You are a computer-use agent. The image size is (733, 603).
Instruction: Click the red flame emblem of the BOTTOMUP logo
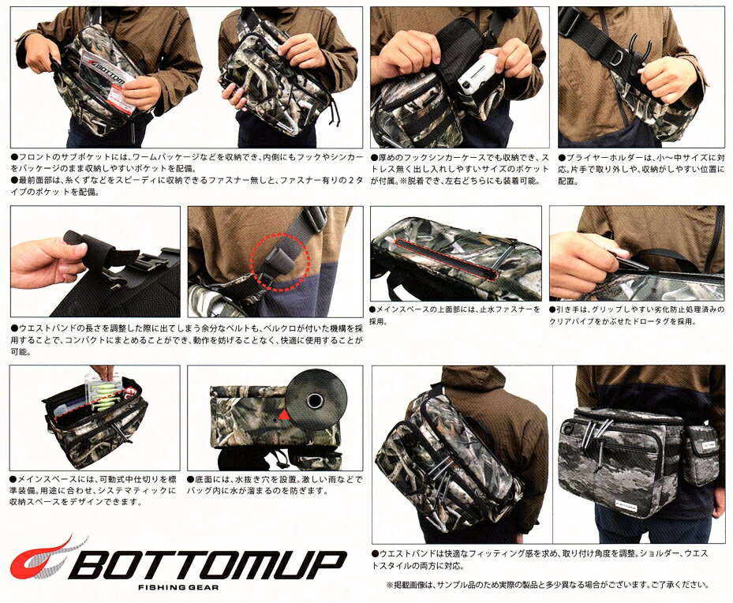(39, 559)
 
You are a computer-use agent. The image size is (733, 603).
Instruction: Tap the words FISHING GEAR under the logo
(178, 587)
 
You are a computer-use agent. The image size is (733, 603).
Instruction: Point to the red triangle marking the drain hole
(283, 414)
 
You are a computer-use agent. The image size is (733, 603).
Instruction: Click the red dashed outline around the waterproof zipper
(448, 259)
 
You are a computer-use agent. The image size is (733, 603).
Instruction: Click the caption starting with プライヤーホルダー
(641, 169)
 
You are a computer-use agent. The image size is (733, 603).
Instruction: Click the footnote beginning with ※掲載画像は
(548, 584)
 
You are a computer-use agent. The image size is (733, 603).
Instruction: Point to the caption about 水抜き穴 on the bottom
(275, 485)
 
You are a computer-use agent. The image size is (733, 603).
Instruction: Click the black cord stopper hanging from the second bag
(334, 120)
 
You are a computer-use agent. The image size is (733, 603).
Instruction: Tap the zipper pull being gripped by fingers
(630, 263)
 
